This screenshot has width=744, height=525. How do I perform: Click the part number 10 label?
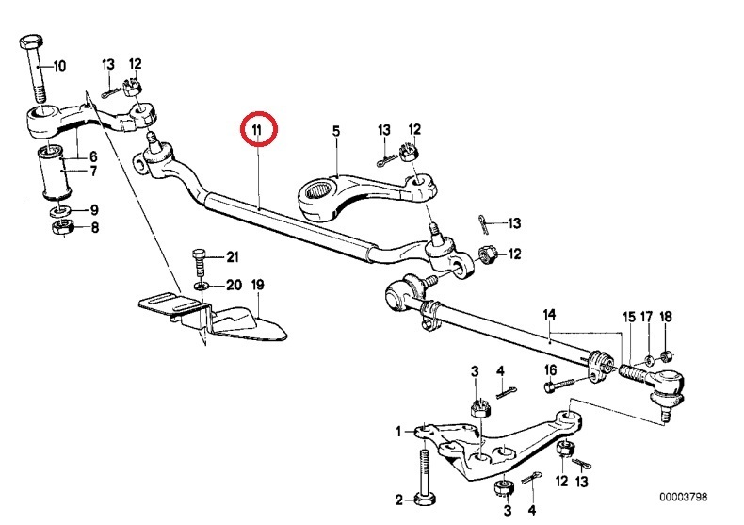[x=59, y=66]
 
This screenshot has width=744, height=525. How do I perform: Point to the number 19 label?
[x=257, y=285]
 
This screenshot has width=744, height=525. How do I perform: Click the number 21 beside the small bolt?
[x=233, y=257]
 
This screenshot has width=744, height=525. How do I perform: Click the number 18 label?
[x=665, y=317]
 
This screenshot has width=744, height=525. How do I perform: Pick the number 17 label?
[x=647, y=317]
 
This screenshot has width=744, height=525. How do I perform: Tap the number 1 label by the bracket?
[x=399, y=431]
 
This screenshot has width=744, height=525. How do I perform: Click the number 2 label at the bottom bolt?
[x=399, y=499]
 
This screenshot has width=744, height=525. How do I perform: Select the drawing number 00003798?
[x=683, y=497]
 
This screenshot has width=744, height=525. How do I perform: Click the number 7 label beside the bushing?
[x=92, y=171]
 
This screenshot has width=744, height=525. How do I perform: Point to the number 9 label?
[x=92, y=209]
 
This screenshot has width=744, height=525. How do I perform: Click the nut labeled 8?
[x=58, y=229]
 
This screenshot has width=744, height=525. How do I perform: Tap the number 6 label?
[x=92, y=156]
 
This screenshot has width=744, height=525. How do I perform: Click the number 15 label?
[x=628, y=317]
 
